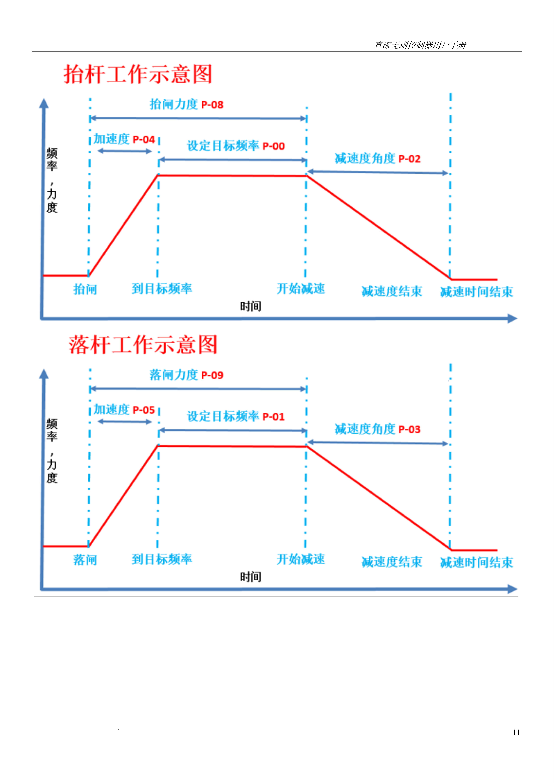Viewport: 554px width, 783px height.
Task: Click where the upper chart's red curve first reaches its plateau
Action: pos(158,175)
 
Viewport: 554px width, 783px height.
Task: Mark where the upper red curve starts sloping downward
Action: pos(307,176)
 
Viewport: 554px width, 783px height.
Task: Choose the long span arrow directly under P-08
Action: pos(198,118)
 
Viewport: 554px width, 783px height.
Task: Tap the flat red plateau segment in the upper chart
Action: pos(232,176)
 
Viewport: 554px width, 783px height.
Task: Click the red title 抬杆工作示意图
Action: pos(138,74)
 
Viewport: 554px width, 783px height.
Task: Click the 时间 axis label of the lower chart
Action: pos(251,577)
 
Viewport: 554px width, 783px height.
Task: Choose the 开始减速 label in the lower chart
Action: pos(301,559)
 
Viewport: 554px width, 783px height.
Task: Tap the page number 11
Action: pos(516,732)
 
